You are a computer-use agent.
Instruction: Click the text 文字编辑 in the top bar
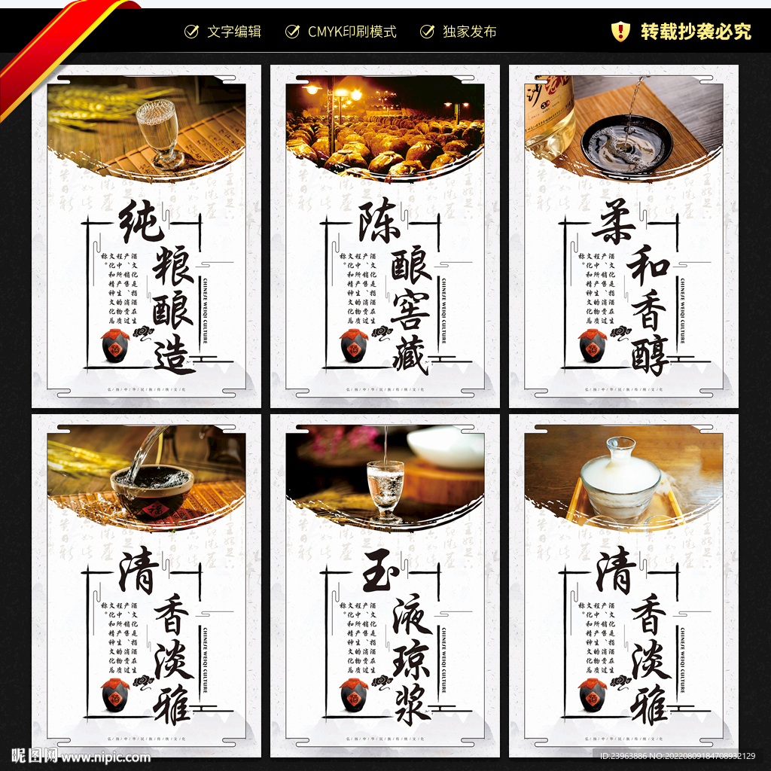(234, 32)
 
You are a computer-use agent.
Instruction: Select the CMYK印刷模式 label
(352, 32)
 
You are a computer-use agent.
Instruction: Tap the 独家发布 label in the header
(469, 32)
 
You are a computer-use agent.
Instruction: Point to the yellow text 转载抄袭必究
(696, 32)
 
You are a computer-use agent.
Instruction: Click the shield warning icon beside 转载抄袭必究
(620, 31)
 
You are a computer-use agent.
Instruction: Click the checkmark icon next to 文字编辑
(192, 32)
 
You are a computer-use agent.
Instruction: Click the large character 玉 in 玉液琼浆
(380, 574)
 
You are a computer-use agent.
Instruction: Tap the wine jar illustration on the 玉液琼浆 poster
(353, 695)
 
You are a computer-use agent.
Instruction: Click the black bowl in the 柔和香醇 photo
(626, 142)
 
